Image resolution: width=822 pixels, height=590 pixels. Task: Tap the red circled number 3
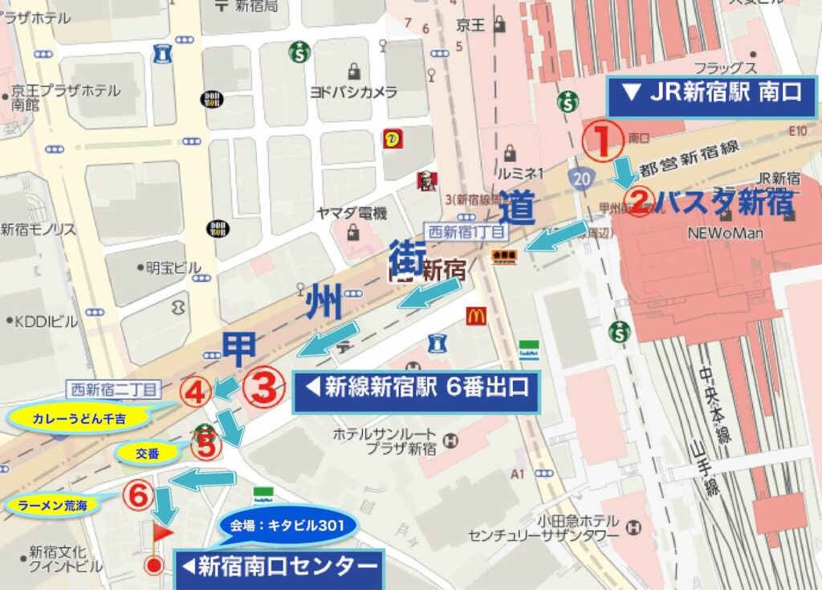[264, 388]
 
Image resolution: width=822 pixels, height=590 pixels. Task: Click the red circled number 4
[196, 392]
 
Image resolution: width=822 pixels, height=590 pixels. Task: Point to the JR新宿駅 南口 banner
[712, 93]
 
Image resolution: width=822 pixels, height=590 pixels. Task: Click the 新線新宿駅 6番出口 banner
[416, 389]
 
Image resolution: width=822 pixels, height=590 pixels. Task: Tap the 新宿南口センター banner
[279, 567]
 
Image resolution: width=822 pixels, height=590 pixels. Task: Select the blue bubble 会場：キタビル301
[287, 527]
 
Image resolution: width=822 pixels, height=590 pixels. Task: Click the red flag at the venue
[163, 531]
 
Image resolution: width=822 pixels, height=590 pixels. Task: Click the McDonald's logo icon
[476, 315]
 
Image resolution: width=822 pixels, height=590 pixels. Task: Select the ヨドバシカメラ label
[354, 92]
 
